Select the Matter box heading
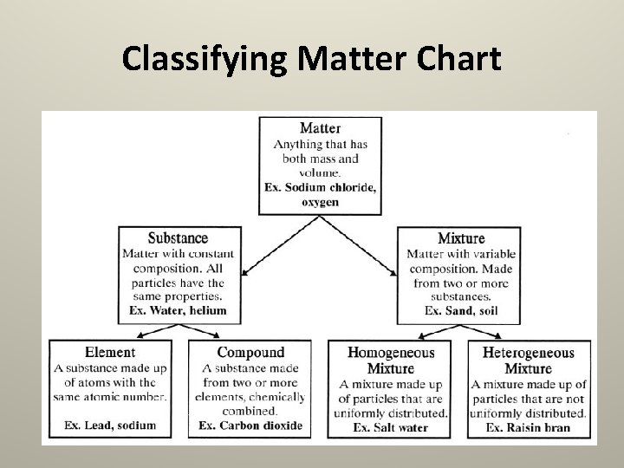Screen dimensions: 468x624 click(x=320, y=128)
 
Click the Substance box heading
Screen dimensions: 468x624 click(x=178, y=238)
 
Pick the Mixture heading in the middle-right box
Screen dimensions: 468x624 click(x=460, y=238)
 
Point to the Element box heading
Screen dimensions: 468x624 click(x=110, y=353)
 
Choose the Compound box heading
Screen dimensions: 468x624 click(x=250, y=353)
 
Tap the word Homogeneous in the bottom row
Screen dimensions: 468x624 click(x=391, y=353)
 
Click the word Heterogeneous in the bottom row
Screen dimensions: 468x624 click(x=528, y=353)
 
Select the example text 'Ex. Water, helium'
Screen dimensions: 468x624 click(x=178, y=310)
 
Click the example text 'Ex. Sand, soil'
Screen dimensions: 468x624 click(x=461, y=310)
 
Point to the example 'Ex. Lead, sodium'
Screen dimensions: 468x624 click(x=110, y=426)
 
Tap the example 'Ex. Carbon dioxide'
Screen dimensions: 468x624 click(x=250, y=426)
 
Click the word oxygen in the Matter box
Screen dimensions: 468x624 click(x=320, y=202)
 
